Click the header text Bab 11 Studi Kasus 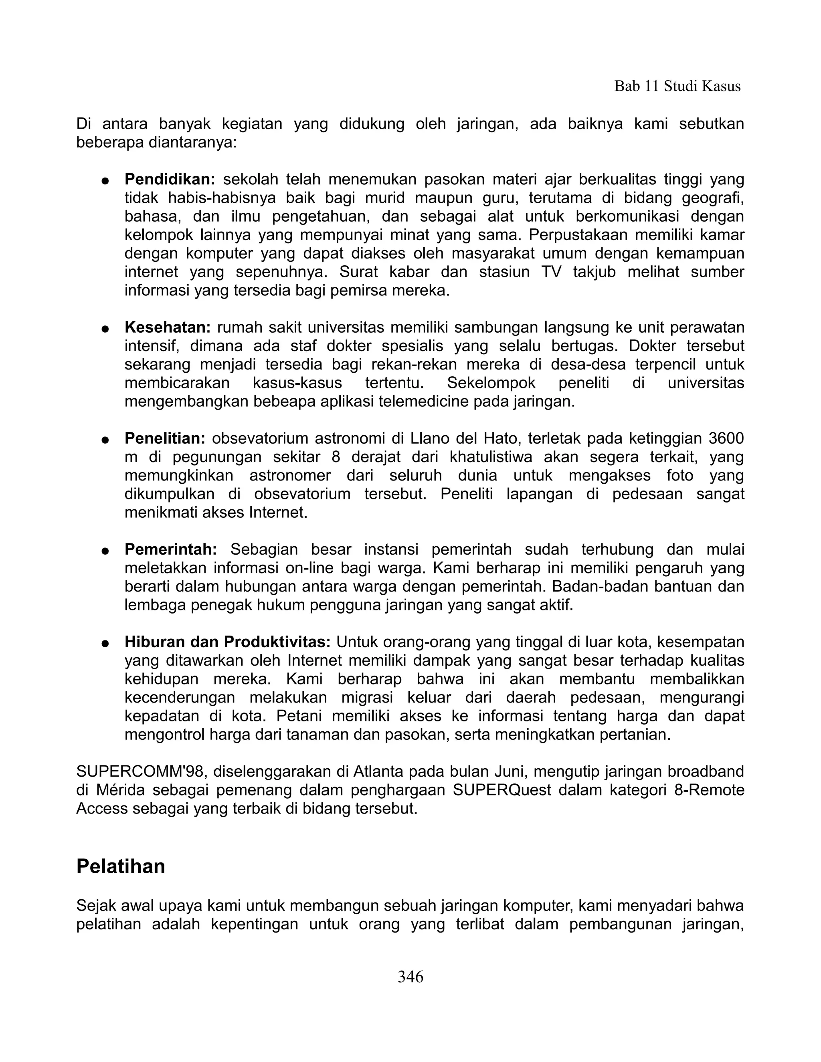pyautogui.click(x=677, y=86)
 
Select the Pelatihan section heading pyautogui.click(x=121, y=866)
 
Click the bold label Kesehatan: pyautogui.click(x=167, y=328)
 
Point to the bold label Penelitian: pyautogui.click(x=165, y=438)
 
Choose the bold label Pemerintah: pyautogui.click(x=171, y=549)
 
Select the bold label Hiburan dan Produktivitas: pyautogui.click(x=228, y=642)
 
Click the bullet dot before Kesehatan pyautogui.click(x=105, y=329)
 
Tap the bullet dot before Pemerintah pyautogui.click(x=105, y=551)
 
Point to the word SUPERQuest pyautogui.click(x=502, y=790)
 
